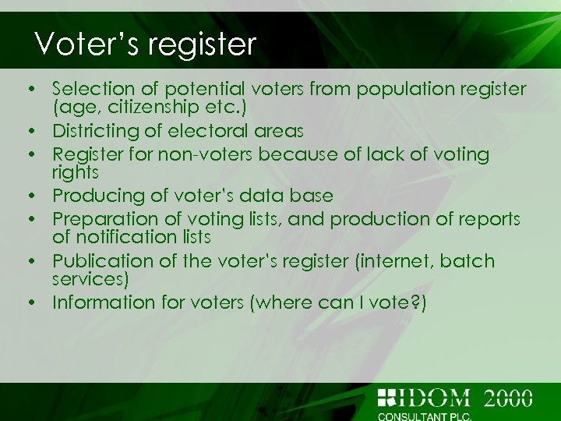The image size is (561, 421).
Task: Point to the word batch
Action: coord(467,260)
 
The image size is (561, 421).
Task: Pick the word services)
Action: coord(90,277)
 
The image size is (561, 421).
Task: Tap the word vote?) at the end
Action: coord(398,302)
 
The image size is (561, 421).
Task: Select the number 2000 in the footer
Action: coord(508,398)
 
